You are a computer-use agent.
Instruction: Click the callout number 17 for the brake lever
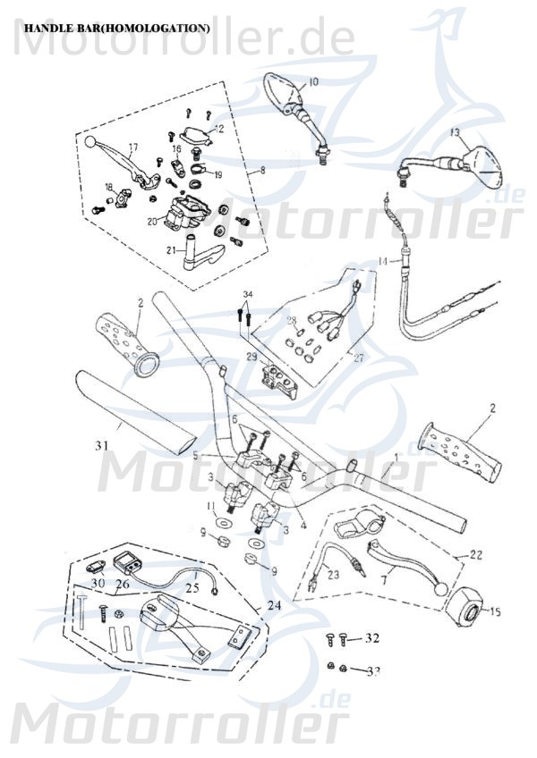click(132, 147)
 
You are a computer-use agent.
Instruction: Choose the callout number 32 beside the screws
click(371, 638)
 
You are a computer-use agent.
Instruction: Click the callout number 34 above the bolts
click(248, 294)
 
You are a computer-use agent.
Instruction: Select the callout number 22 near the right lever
click(475, 555)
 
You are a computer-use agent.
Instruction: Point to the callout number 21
click(168, 251)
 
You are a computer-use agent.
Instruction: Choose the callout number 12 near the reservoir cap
click(219, 129)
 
